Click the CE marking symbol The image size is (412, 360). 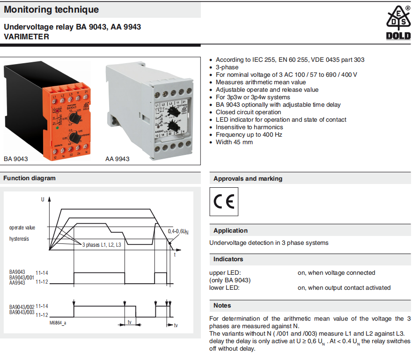pyautogui.click(x=224, y=202)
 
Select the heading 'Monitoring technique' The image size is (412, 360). pyautogui.click(x=51, y=9)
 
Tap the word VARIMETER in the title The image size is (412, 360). pyautogui.click(x=26, y=37)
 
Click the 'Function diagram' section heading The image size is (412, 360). pyautogui.click(x=29, y=178)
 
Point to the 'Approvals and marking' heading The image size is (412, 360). pyautogui.click(x=248, y=179)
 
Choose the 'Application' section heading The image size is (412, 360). pyautogui.click(x=230, y=231)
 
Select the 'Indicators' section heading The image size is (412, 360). pyautogui.click(x=228, y=259)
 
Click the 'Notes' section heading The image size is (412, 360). pyautogui.click(x=222, y=306)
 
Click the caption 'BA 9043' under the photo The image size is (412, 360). pyautogui.click(x=16, y=159)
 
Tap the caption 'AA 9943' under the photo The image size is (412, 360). pyautogui.click(x=118, y=159)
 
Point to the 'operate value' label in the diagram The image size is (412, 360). pyautogui.click(x=22, y=228)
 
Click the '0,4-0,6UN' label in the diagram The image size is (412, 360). pyautogui.click(x=178, y=232)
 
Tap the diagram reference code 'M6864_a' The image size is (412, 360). pyautogui.click(x=58, y=323)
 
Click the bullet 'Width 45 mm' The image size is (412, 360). pyautogui.click(x=234, y=142)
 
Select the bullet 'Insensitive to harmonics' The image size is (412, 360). pyautogui.click(x=249, y=127)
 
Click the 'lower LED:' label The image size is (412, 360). pyautogui.click(x=224, y=288)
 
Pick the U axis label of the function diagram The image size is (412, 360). pyautogui.click(x=43, y=199)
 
